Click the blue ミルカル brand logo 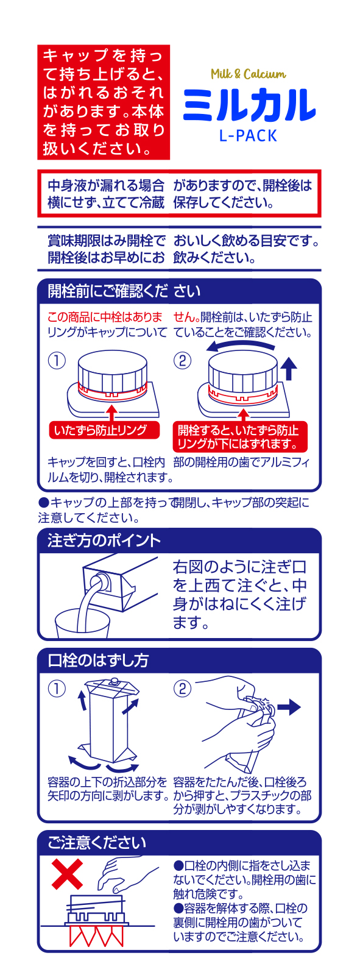coord(249,105)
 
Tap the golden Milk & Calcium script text coord(248,74)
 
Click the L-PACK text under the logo coord(248,135)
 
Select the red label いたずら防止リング coord(104,430)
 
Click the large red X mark coord(68,873)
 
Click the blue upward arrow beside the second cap coord(289,369)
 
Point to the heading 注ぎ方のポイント coord(104,540)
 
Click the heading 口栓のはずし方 coord(98,660)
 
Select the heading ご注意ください coord(97,843)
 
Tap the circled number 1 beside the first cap coord(57,360)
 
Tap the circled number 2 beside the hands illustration coord(182,689)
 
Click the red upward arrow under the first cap coord(111,413)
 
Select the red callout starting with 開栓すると coord(240,437)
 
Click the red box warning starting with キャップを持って coord(104,102)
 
